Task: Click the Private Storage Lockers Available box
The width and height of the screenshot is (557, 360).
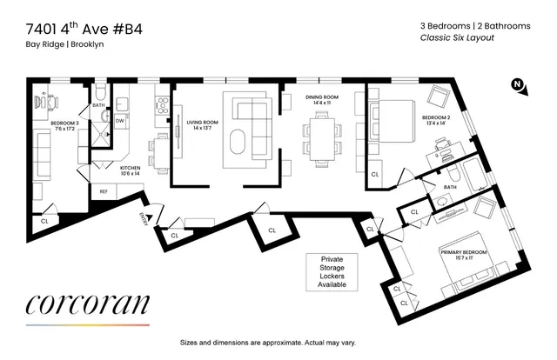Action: click(332, 271)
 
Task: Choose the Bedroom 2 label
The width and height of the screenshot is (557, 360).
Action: click(436, 119)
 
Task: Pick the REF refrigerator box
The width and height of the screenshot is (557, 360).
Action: click(104, 191)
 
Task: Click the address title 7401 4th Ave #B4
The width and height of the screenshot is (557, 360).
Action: click(80, 29)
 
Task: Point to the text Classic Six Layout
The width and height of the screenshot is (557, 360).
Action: click(457, 38)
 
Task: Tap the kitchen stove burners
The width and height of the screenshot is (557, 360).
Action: click(161, 106)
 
